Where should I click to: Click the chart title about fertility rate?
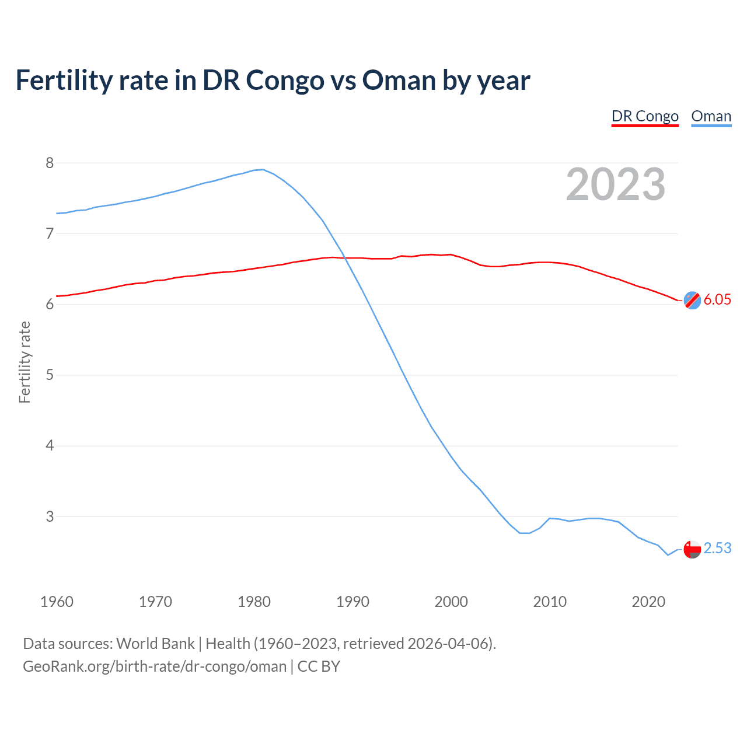(273, 81)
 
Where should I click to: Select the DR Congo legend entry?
(645, 116)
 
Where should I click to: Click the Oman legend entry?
(711, 116)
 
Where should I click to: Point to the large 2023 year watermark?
(615, 184)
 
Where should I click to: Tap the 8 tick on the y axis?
(50, 163)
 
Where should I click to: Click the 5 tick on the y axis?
(50, 375)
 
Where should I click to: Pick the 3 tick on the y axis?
(50, 516)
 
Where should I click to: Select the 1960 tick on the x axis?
(57, 602)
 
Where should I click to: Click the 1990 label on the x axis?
(352, 602)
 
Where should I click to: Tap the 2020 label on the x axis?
(648, 602)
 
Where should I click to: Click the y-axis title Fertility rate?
(25, 362)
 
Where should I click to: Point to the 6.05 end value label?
(717, 300)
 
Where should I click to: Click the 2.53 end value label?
(717, 549)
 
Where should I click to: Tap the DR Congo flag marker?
(692, 300)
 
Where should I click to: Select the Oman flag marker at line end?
(692, 549)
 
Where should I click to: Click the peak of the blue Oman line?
(263, 170)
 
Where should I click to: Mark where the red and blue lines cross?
(344, 257)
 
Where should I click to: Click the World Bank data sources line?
(259, 644)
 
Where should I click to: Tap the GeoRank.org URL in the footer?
(155, 666)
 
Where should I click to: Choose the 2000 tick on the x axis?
(451, 602)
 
